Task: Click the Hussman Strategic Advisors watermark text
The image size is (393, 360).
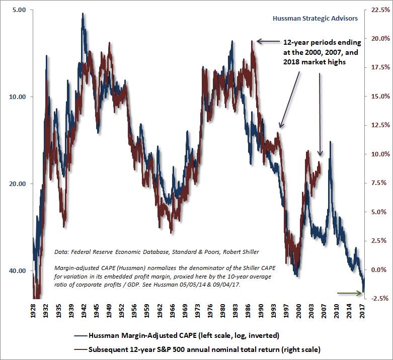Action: click(x=315, y=18)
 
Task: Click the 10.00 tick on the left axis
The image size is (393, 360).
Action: click(x=18, y=97)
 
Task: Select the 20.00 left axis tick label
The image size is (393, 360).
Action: click(x=18, y=184)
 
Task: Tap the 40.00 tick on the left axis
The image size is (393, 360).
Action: click(x=18, y=271)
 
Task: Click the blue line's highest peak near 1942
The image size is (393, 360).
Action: click(x=83, y=14)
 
